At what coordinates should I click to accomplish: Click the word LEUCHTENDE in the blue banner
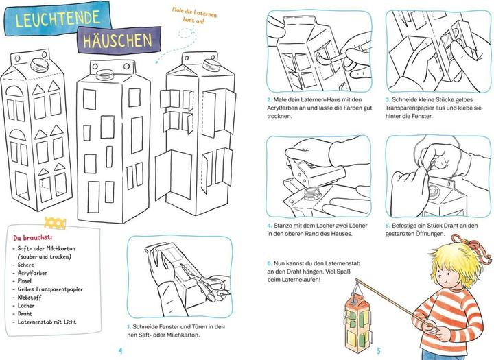[58, 19]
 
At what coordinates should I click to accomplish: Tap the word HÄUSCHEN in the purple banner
[117, 40]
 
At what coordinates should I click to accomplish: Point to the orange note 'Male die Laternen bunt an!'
[194, 15]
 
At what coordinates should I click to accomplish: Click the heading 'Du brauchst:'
[33, 237]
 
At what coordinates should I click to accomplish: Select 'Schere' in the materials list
[25, 265]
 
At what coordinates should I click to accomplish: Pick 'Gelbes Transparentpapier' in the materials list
[50, 289]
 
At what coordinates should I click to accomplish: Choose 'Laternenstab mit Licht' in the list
[47, 322]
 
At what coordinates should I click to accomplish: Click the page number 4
[120, 350]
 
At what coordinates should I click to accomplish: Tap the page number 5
[379, 350]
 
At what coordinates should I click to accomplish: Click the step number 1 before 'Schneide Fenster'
[129, 326]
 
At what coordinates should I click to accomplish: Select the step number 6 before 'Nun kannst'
[270, 263]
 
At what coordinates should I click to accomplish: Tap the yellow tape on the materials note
[55, 223]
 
